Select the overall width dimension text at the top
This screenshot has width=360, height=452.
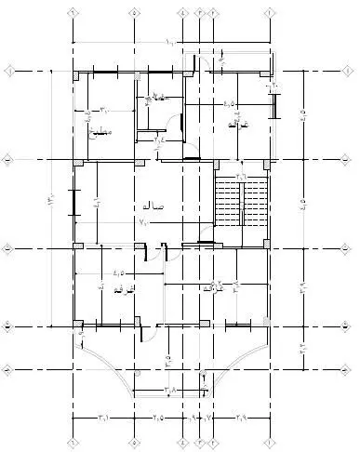(170, 43)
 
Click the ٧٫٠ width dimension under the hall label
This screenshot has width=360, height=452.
(144, 223)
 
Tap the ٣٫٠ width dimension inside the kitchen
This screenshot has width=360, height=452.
(104, 109)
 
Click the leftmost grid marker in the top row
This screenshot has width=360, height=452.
(73, 14)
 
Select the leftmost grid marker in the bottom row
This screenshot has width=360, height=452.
(73, 437)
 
